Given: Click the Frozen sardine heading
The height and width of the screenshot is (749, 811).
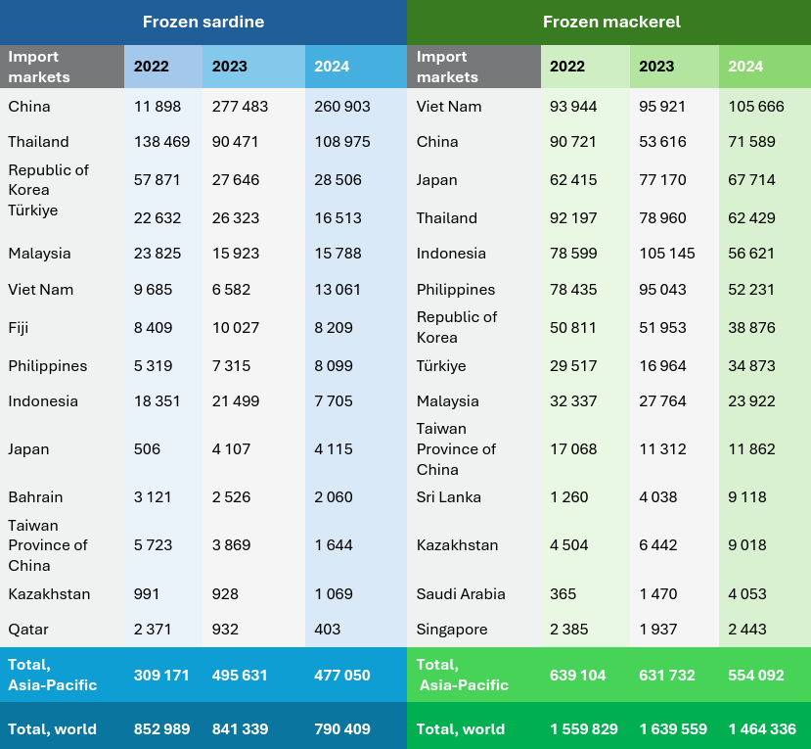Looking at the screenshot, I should point(203,22).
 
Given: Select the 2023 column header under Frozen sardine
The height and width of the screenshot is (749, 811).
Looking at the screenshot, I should point(230,67).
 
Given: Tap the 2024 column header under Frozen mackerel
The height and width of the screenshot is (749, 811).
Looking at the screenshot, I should point(745,67).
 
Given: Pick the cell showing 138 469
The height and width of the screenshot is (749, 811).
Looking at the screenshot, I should point(161,142).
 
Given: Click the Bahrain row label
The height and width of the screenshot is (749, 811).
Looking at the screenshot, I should point(35,497).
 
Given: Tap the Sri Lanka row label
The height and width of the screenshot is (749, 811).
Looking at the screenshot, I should point(449,497).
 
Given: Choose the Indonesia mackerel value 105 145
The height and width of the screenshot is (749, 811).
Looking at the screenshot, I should point(667,254).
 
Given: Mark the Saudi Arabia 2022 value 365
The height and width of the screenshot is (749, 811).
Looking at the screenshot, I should point(563,594).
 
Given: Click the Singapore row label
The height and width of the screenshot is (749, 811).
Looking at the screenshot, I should point(451,630).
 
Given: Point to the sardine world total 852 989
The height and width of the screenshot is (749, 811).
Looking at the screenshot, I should point(161,729).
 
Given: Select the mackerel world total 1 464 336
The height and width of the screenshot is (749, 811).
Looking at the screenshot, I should point(762,729).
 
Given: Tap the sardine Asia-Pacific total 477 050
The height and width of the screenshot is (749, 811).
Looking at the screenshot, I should point(342,676).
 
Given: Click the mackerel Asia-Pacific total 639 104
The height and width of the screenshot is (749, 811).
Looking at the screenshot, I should point(578,676).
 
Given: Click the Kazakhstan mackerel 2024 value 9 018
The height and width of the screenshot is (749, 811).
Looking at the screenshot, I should point(747,545).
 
